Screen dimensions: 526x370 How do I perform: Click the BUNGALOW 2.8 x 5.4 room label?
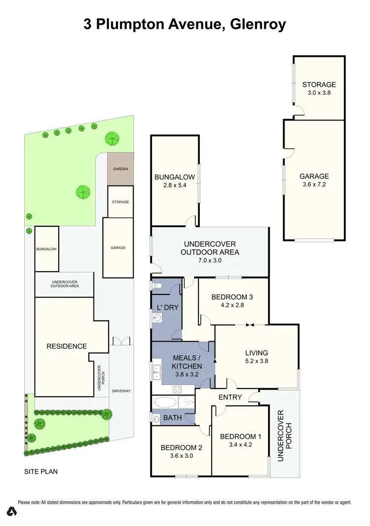(175, 181)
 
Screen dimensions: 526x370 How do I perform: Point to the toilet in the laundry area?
(157, 285)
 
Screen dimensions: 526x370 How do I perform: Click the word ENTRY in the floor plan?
(230, 397)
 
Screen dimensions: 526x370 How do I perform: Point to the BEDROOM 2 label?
(182, 448)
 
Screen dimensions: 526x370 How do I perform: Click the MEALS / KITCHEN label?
(186, 362)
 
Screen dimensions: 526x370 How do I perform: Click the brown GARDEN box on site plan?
(120, 169)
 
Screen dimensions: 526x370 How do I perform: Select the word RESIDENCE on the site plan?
(67, 346)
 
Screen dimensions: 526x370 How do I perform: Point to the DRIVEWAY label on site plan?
(121, 391)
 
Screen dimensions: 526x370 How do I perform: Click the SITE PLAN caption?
(41, 472)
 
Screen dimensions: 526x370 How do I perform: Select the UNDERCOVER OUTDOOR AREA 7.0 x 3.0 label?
(210, 248)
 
